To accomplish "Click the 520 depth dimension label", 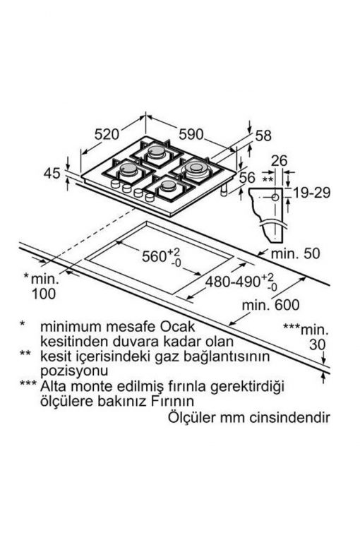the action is pos(107,134).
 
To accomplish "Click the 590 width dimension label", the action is pos(191,134).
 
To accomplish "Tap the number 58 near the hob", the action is pos(263,136).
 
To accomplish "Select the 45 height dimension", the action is pos(52,173).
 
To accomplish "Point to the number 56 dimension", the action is pos(247,177).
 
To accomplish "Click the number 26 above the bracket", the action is pos(279,160).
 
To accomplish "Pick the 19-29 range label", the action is pos(311,193).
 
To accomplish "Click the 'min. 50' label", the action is pos(296,253).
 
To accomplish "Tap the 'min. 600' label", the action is pos(271,305).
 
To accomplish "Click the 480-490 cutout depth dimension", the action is pos(241,282).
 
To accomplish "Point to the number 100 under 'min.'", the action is pos(44,294).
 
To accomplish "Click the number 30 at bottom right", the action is pos(317,344).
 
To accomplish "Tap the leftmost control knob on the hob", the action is pos(115,184).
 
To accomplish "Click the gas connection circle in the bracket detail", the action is pos(275,198).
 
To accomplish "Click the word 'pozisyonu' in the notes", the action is pos(74,371).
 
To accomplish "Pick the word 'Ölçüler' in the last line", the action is pos(191,417).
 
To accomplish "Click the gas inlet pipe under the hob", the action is pos(224,190).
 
